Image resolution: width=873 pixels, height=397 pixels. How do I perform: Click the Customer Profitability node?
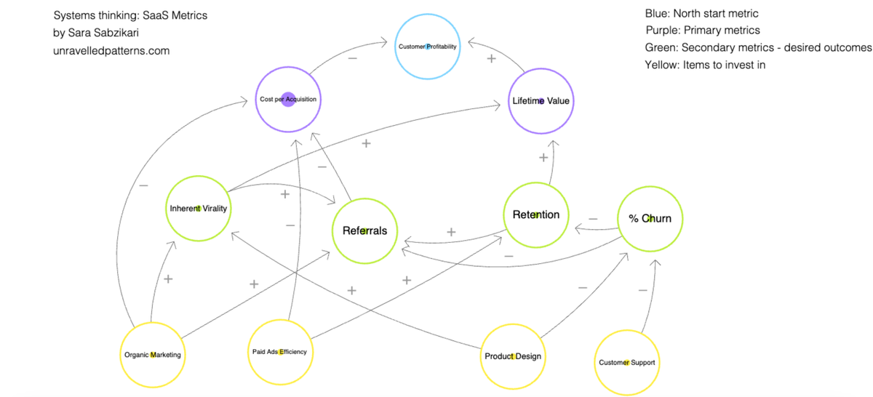point(428,47)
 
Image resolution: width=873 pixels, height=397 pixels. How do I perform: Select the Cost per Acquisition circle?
point(288,99)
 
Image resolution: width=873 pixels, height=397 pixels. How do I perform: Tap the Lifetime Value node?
point(541,100)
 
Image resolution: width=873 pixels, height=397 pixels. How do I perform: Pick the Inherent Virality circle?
point(198,209)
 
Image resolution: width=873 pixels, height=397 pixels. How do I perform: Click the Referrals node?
point(364,230)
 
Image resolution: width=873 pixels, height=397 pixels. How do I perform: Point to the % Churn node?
point(650,218)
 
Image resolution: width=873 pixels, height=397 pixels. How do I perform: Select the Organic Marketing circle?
point(152,355)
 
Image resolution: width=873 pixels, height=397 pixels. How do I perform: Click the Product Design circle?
point(513,356)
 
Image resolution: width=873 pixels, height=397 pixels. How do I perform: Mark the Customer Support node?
point(627,362)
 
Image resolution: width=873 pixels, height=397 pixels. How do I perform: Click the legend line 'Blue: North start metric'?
point(701,14)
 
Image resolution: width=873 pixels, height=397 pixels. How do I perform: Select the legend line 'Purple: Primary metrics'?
point(702,31)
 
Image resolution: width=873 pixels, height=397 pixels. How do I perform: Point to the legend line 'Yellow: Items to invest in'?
point(705,65)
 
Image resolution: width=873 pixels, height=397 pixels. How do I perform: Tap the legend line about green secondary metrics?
point(758,47)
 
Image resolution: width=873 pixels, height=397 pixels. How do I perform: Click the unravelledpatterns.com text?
point(111,51)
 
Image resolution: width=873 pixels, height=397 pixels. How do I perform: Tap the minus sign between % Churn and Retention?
point(593,217)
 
